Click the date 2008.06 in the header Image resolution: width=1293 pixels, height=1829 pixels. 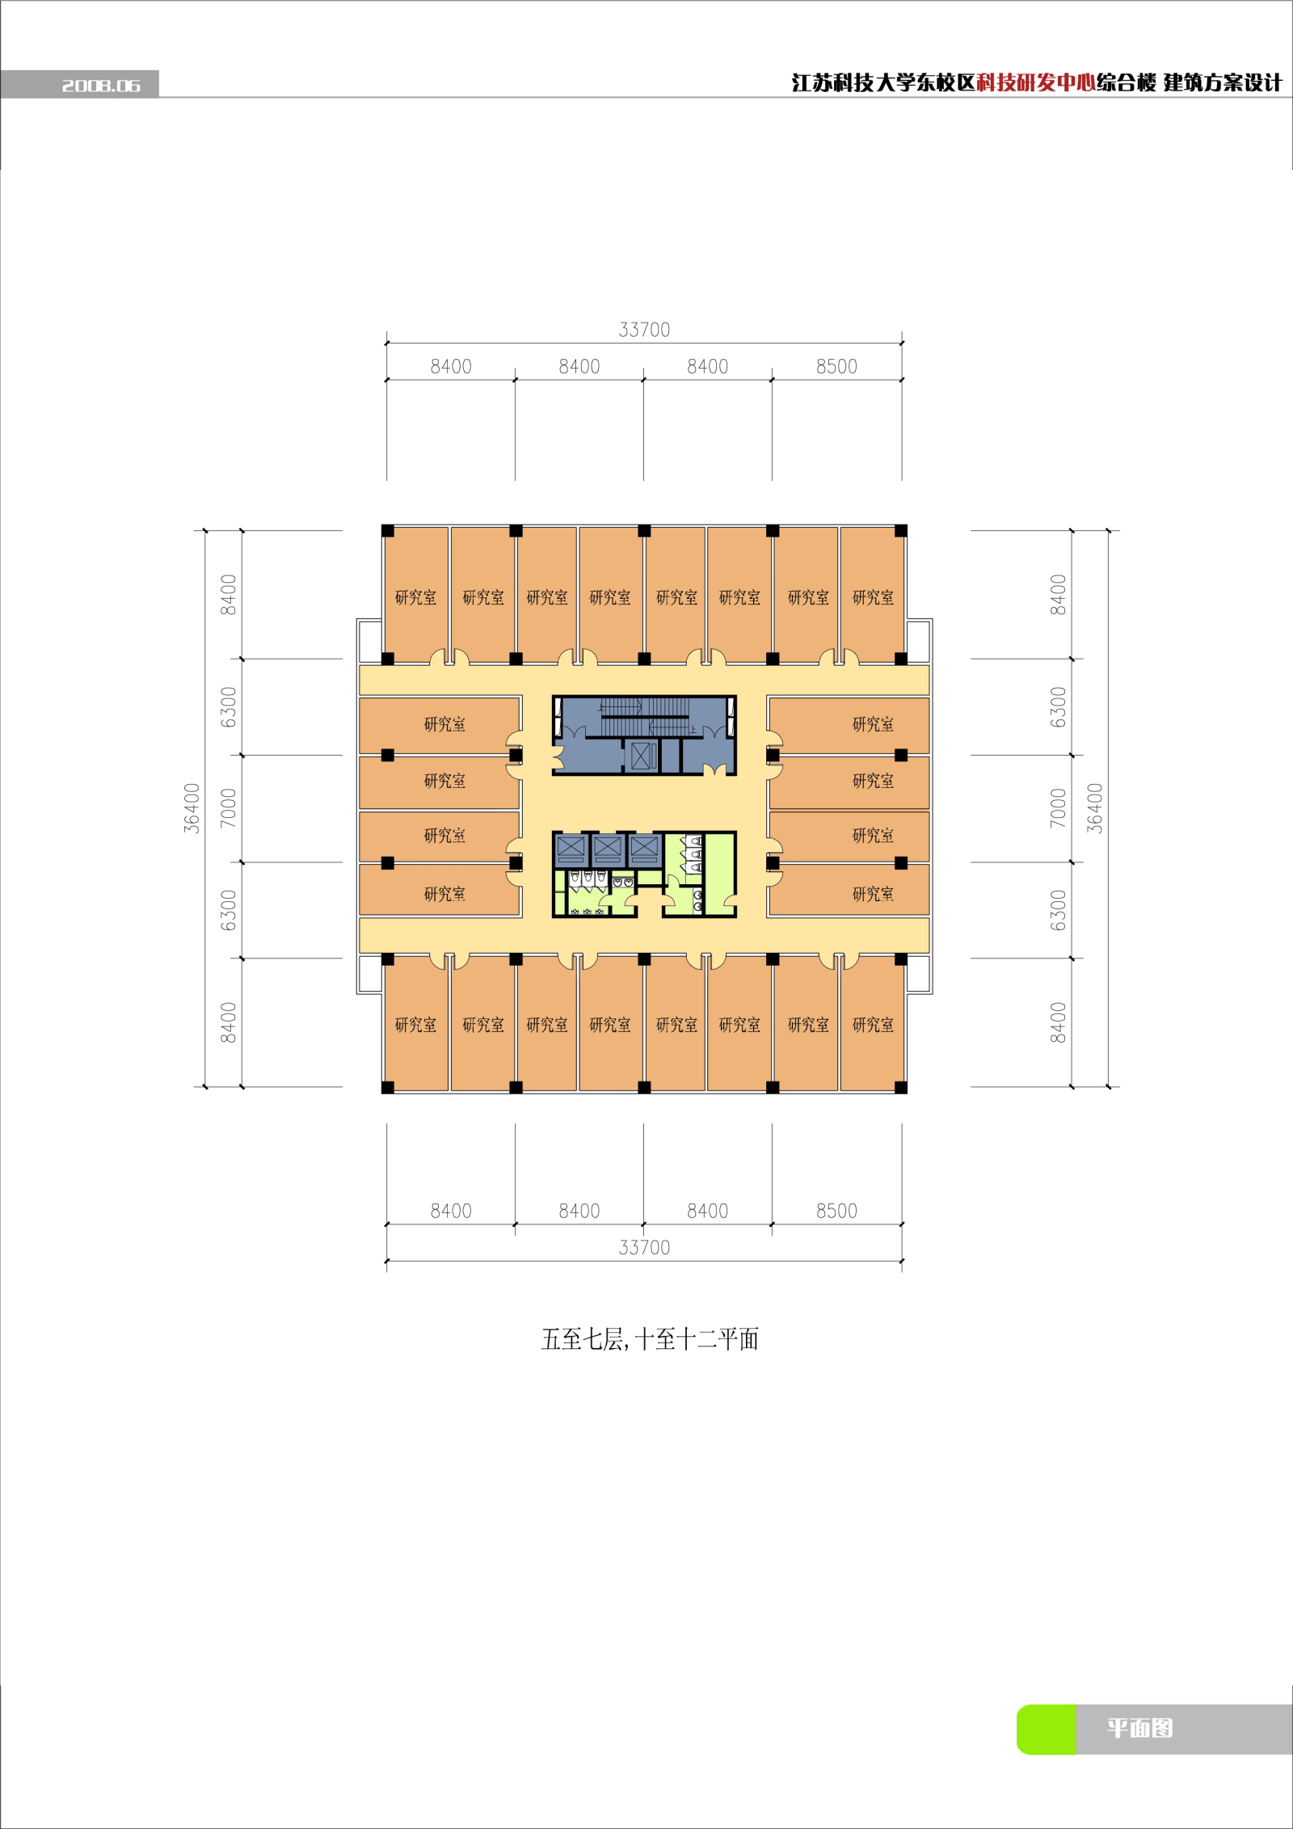coord(101,85)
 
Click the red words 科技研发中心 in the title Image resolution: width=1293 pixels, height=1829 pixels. coord(1036,82)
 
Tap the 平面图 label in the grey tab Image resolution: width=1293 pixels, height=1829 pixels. coord(1139,1728)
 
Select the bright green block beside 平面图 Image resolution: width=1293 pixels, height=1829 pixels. coord(1047,1730)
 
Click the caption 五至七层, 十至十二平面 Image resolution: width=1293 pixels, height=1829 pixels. coord(650,1339)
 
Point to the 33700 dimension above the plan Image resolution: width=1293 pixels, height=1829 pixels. coord(644,330)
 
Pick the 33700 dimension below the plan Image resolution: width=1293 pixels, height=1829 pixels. coord(644,1247)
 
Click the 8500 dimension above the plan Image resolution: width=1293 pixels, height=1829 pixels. coord(836,366)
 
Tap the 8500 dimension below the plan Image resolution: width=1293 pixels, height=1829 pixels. coord(836,1211)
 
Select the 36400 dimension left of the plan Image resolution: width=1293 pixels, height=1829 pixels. coord(192,808)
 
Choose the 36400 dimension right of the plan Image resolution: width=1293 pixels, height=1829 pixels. coord(1094,808)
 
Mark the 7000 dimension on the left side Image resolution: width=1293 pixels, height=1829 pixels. coord(229,808)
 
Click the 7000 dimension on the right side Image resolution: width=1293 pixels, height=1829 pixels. coord(1058,808)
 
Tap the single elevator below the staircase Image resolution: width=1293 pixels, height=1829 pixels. coord(643,756)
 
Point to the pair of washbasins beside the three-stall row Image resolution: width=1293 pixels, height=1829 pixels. coord(622,882)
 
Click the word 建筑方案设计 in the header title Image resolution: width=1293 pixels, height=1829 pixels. coord(1223,82)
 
